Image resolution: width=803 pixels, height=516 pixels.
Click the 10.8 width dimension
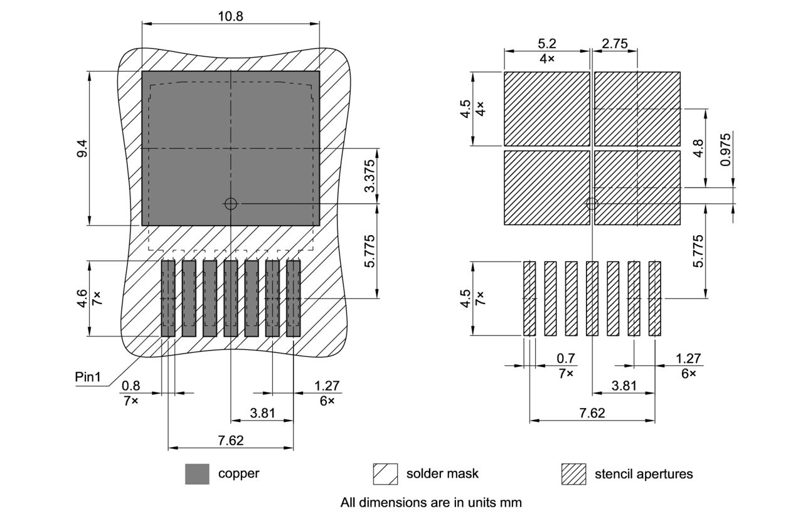(230, 16)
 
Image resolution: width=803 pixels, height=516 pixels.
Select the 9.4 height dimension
(82, 148)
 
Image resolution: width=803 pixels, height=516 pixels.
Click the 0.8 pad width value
(130, 385)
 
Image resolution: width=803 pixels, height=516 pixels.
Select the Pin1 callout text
(88, 377)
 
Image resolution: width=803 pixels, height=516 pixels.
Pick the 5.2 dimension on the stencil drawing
(547, 43)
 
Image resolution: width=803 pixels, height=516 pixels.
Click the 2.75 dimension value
(615, 43)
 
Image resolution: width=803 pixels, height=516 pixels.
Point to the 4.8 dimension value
(698, 148)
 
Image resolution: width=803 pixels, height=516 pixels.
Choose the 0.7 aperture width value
(566, 359)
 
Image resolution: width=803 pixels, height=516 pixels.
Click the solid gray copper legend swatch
(197, 474)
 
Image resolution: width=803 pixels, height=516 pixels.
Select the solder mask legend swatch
(385, 474)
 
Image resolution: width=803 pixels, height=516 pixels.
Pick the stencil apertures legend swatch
(573, 474)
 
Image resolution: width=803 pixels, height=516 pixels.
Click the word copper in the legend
(238, 473)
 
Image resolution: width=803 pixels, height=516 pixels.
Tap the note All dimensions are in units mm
(431, 502)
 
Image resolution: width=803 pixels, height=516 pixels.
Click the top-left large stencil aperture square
(547, 108)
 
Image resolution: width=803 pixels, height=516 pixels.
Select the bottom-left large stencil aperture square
(547, 187)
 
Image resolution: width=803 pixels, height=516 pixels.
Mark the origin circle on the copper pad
(231, 203)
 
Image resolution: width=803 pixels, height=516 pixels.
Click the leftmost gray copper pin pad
(168, 298)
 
